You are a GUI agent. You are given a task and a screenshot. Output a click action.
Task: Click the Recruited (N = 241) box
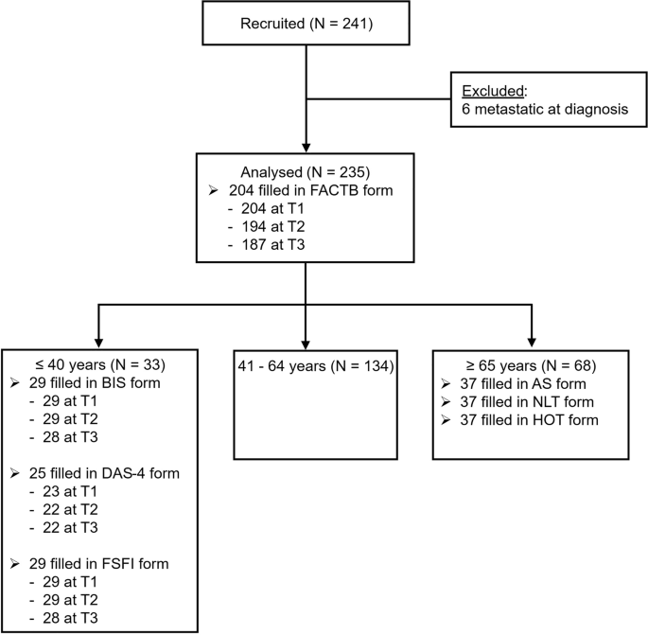point(304,23)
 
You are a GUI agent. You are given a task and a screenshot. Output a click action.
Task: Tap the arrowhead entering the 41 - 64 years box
point(305,343)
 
